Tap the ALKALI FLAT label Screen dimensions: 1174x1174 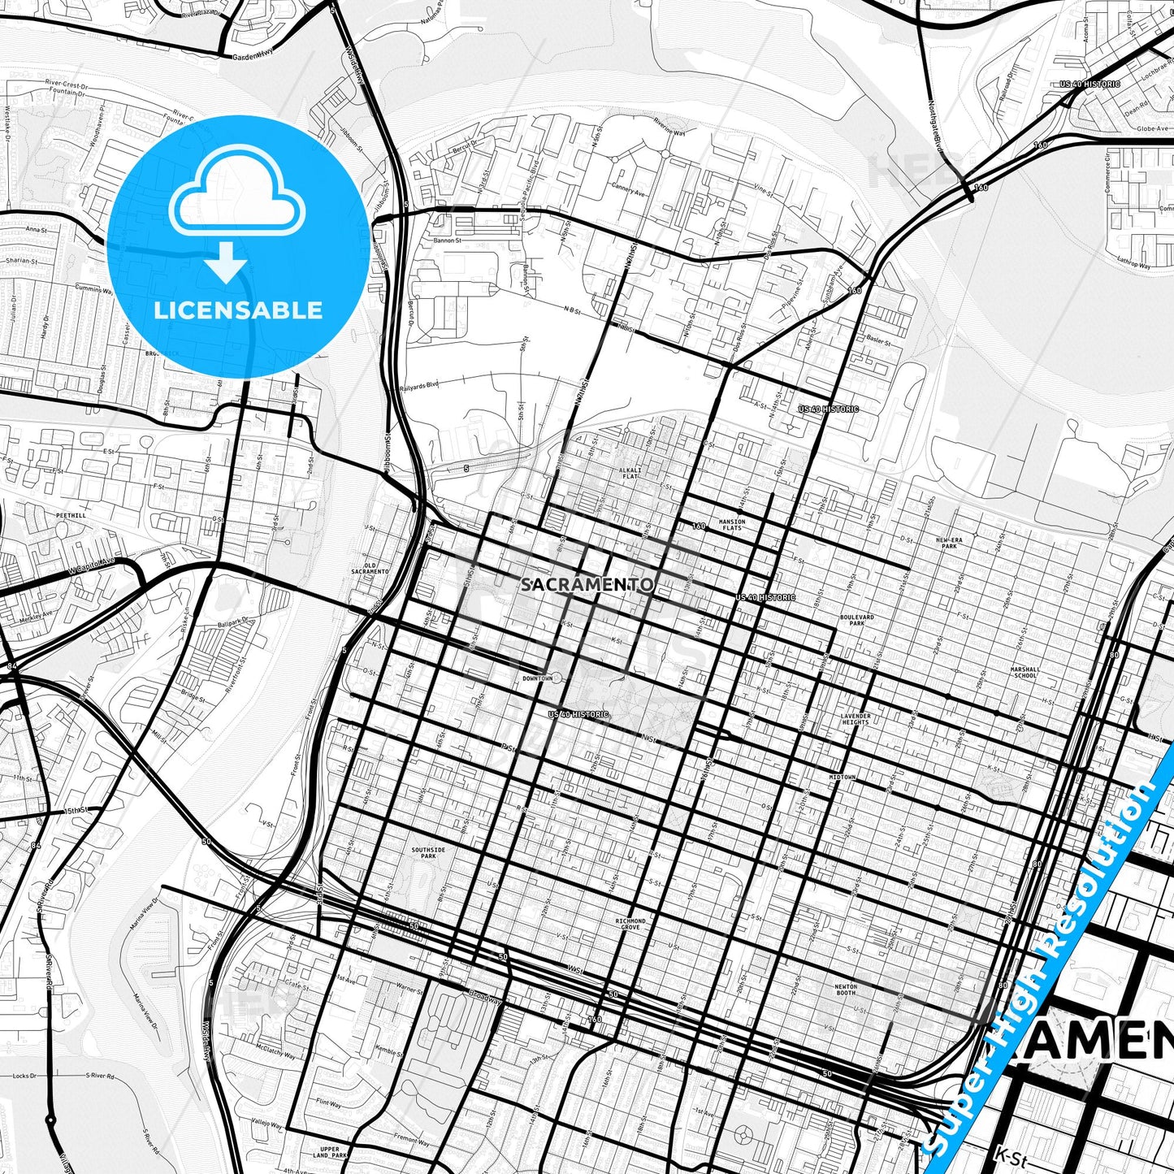pos(630,473)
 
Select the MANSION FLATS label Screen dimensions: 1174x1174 pos(732,525)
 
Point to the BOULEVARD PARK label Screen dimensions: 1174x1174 pos(857,620)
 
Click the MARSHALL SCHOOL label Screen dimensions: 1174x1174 pos(1025,672)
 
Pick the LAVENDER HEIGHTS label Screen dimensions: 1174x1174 pos(856,719)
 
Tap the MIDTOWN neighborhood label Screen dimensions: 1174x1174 pos(843,778)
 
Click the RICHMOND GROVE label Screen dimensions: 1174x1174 pos(630,924)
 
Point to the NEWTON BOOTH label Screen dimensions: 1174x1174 pos(846,989)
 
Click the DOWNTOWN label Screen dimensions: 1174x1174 pos(537,678)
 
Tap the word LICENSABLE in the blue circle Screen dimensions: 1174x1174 pos(238,310)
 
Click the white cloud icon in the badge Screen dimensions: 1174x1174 pos(236,199)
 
